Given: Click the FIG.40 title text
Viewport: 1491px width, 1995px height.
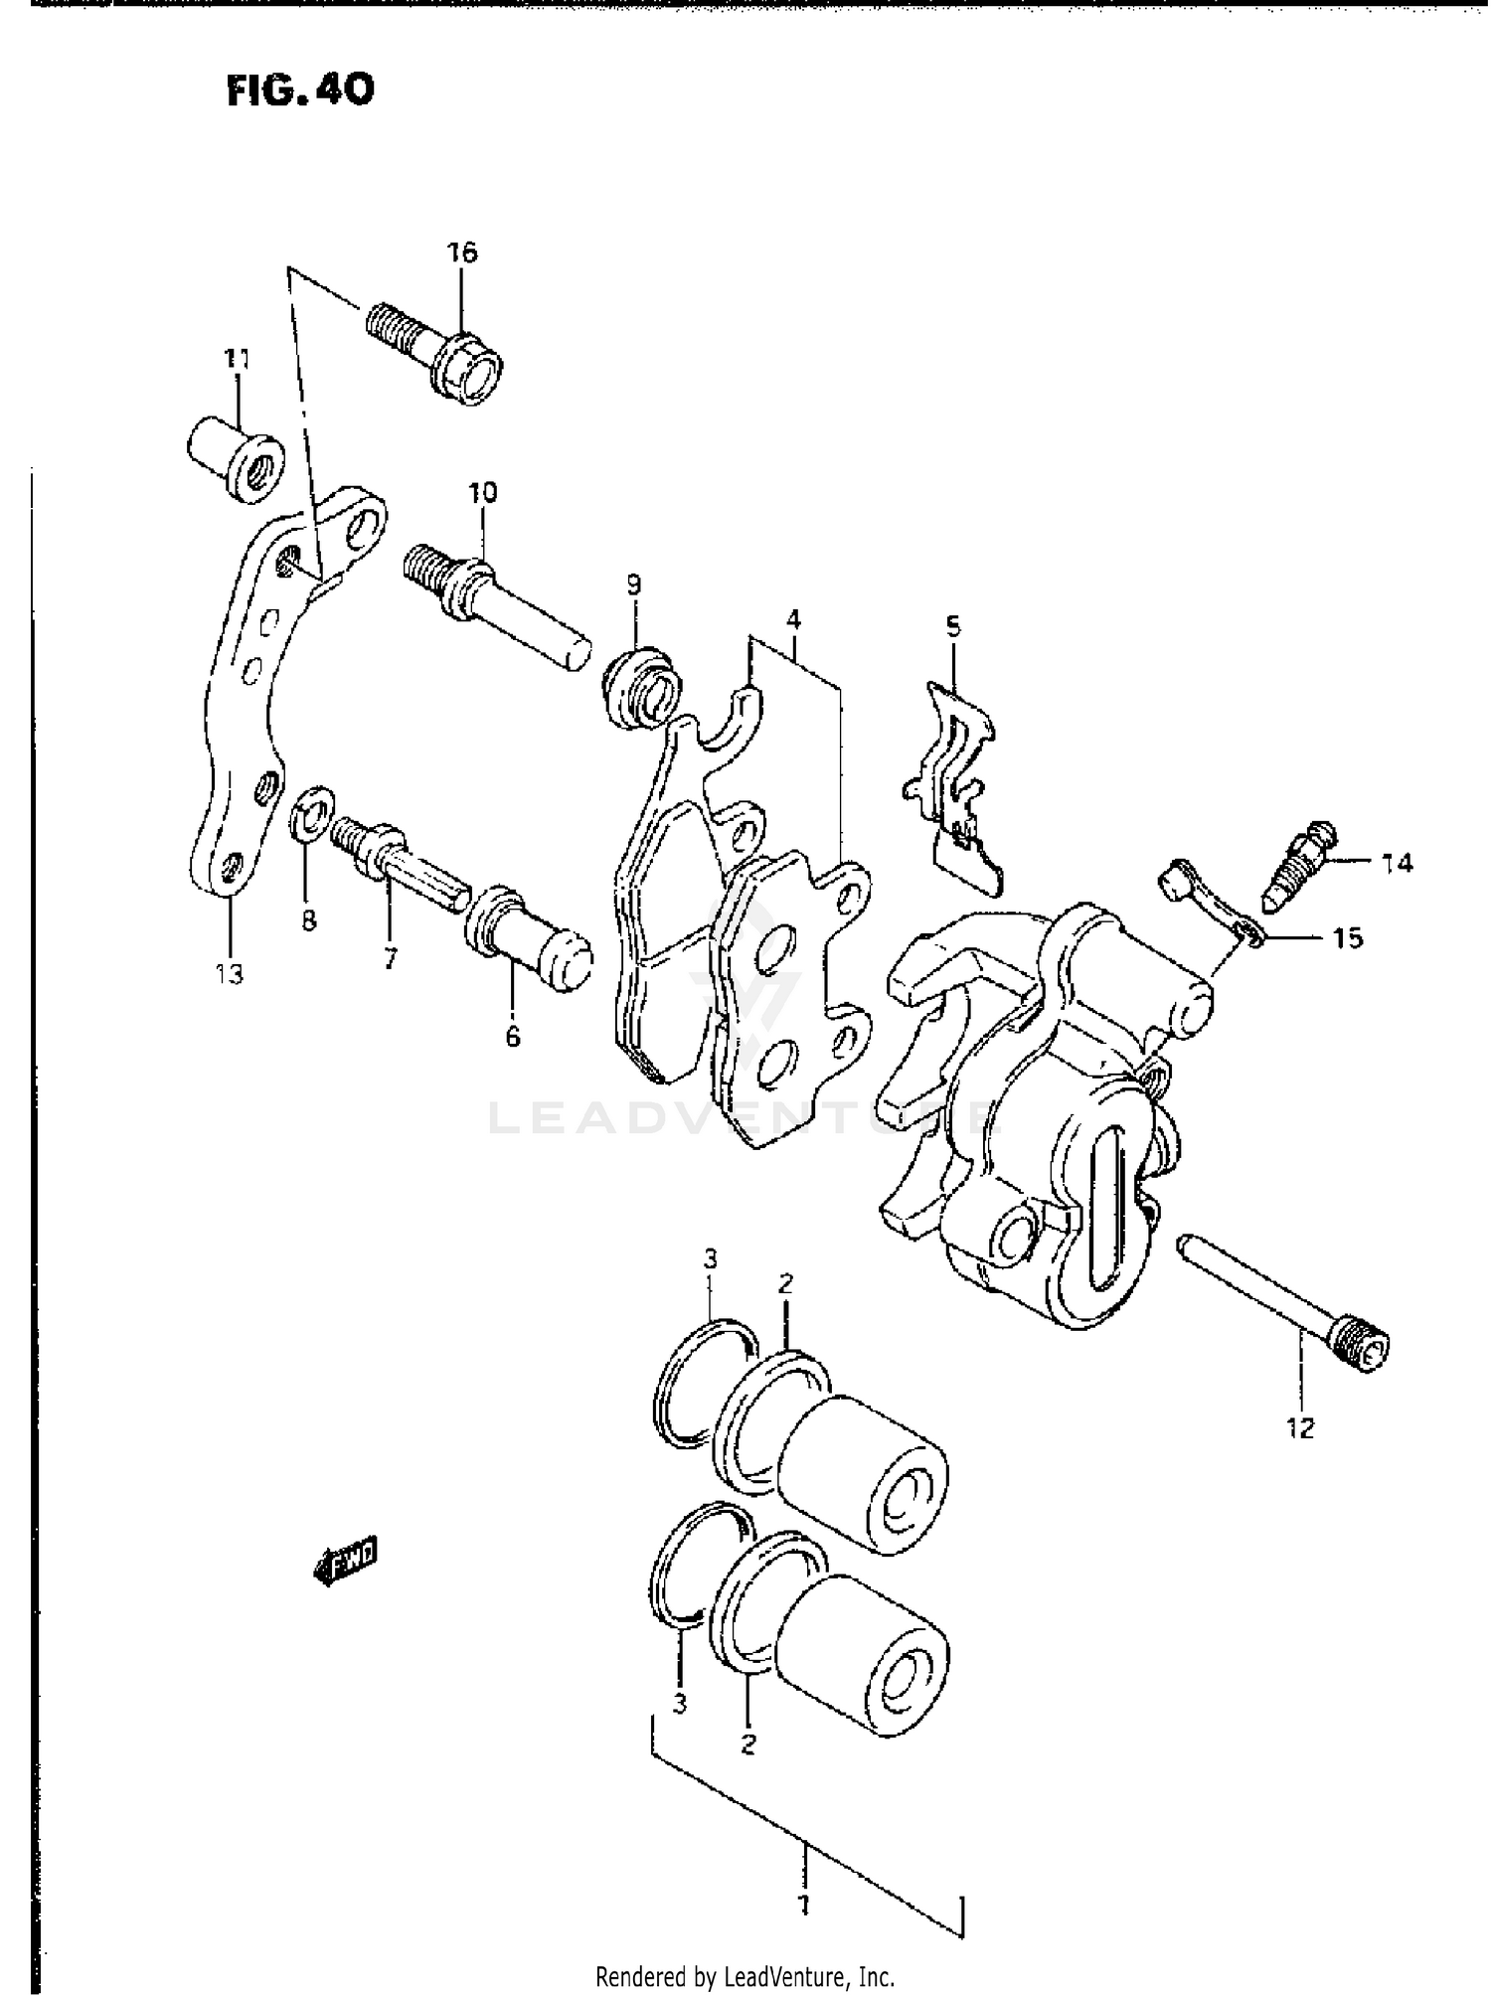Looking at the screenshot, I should (300, 90).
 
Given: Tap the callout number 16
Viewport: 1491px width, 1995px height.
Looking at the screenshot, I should (461, 252).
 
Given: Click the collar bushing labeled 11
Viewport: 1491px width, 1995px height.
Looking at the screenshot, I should (236, 458).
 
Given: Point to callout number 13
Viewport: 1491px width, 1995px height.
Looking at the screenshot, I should (229, 974).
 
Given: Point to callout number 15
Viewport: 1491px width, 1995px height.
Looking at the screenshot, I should (1347, 938).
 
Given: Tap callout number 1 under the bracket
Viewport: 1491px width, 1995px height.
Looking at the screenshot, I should (804, 1905).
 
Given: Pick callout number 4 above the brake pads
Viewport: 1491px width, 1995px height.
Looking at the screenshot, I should (792, 621).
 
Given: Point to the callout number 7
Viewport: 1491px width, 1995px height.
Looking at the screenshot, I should (390, 958).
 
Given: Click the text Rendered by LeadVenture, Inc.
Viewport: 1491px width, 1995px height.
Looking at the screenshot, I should (745, 1976).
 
